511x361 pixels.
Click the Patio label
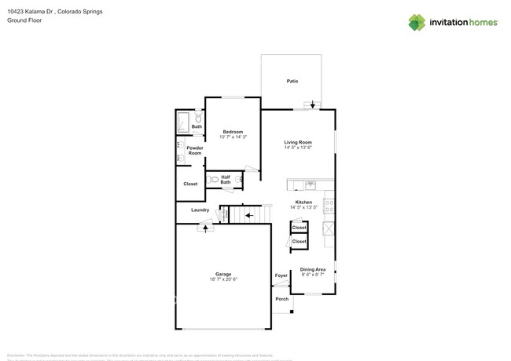292,81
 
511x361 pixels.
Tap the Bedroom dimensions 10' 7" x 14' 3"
232,137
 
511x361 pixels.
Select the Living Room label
298,142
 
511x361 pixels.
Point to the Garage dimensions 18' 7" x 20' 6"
223,279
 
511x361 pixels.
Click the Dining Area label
313,269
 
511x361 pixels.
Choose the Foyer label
281,275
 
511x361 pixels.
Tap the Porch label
281,299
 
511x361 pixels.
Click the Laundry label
200,210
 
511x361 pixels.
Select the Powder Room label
194,151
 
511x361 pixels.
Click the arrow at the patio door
314,104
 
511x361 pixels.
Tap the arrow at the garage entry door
206,228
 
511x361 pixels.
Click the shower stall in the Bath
182,123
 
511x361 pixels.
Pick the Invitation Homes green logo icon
417,22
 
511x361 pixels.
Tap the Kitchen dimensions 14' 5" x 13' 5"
305,208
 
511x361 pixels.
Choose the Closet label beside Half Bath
190,184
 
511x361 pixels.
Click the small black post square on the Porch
292,313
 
